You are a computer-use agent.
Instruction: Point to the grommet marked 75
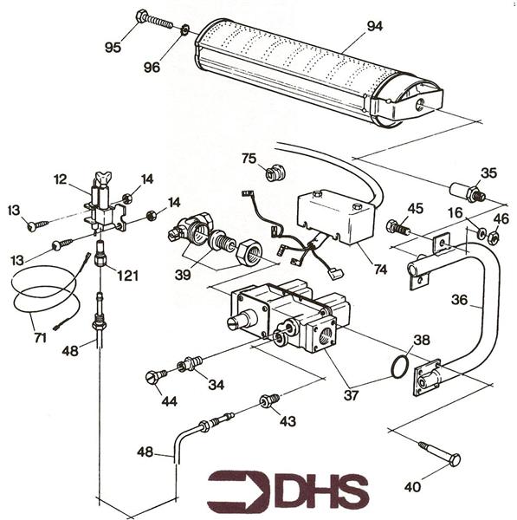[275, 174]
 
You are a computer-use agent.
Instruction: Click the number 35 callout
[488, 172]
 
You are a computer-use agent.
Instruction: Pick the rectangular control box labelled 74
[333, 217]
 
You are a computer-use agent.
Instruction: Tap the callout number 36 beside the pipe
[460, 301]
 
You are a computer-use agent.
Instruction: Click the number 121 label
[128, 276]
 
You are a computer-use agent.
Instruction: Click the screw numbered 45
[397, 229]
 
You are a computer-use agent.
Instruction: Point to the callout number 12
[60, 179]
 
